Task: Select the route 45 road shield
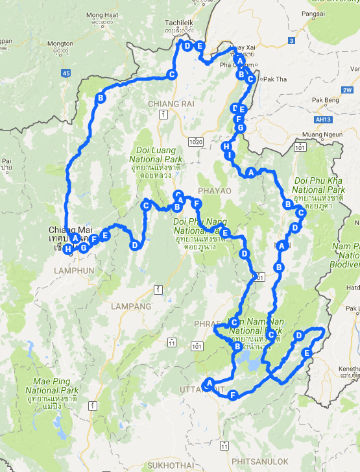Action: point(66,73)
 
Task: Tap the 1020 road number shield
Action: point(197,141)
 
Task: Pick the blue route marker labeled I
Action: point(230,156)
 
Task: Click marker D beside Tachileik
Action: point(187,45)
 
